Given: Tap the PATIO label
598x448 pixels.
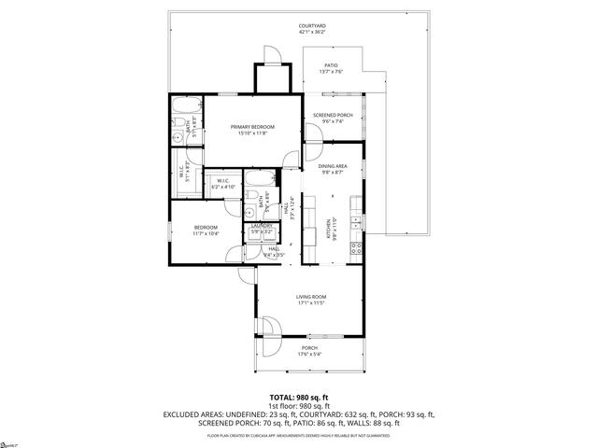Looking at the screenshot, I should [332, 65].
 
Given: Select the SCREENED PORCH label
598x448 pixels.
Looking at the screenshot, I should [333, 115].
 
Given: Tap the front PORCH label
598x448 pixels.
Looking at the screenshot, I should [309, 348].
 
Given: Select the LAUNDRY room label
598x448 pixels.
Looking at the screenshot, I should [262, 225].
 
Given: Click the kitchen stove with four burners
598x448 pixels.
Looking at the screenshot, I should [356, 248].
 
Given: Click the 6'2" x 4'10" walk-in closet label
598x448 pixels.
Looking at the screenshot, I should [224, 188].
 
